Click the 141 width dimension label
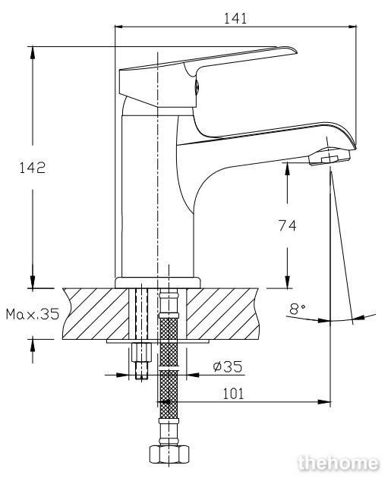(x=235, y=18)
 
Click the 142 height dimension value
(x=33, y=168)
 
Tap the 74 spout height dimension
(x=287, y=225)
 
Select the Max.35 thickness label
(x=33, y=314)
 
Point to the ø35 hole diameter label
(x=228, y=366)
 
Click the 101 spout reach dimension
(x=233, y=394)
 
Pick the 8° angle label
(x=298, y=309)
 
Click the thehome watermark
(x=339, y=463)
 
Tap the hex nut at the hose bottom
(x=169, y=454)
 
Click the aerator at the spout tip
(x=330, y=157)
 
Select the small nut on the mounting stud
(x=141, y=352)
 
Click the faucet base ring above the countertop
(x=157, y=282)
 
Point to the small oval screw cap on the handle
(x=197, y=86)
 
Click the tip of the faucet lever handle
(x=296, y=52)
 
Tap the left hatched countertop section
(x=96, y=313)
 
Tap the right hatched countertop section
(x=222, y=313)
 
